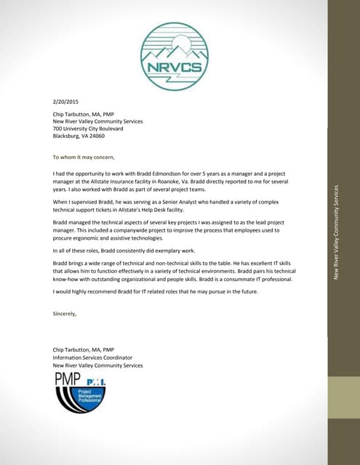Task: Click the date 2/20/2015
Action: coord(65,102)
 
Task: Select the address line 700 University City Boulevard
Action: coord(88,129)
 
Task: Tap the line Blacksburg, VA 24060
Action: coord(79,136)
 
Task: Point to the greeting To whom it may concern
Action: coord(84,157)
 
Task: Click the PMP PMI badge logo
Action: coord(87,392)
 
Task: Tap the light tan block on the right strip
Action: coord(343,397)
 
